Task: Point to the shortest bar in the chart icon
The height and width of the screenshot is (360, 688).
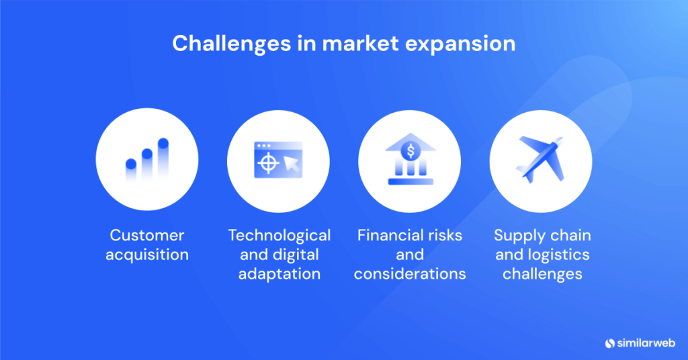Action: click(131, 169)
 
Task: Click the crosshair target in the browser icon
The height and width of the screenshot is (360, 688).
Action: click(267, 162)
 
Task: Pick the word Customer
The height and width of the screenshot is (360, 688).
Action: click(147, 235)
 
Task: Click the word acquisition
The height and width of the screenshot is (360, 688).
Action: click(147, 255)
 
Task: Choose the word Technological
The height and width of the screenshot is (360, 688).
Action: click(279, 235)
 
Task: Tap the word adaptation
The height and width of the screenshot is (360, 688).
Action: click(279, 274)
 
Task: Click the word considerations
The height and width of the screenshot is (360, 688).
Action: click(410, 274)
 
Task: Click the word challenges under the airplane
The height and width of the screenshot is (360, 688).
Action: click(542, 274)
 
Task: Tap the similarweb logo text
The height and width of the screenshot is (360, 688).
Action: click(647, 343)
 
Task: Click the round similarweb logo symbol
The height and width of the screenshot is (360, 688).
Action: click(610, 343)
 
